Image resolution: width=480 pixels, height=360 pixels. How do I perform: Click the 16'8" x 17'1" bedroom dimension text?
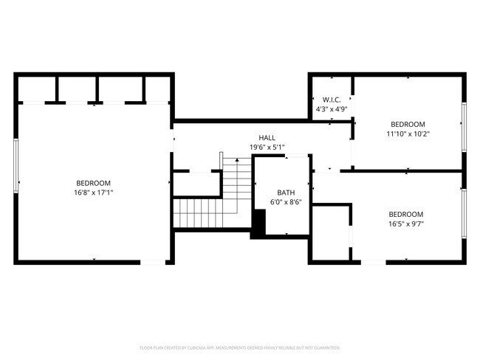[x=94, y=193]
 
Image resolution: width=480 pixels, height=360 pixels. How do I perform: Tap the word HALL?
[x=267, y=138]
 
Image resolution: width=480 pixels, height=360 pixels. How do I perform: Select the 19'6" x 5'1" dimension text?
[x=267, y=148]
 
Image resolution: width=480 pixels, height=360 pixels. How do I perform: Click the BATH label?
[x=286, y=193]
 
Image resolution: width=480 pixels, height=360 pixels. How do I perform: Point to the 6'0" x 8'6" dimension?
[x=286, y=201]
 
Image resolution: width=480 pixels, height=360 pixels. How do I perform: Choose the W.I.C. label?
[x=331, y=100]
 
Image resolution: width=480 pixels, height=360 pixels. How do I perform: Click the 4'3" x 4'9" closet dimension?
[x=331, y=109]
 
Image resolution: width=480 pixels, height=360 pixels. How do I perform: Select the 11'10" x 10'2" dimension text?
[x=408, y=134]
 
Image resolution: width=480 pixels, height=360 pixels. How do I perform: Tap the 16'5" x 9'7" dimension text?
[x=407, y=224]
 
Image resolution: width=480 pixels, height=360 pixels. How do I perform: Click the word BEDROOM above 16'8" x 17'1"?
[x=94, y=183]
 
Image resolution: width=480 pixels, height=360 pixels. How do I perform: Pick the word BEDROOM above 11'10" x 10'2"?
[x=408, y=124]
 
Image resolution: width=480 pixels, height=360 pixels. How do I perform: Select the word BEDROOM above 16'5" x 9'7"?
[x=407, y=214]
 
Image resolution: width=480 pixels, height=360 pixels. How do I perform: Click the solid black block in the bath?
[x=258, y=224]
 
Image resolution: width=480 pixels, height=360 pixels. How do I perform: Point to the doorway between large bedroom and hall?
[x=173, y=141]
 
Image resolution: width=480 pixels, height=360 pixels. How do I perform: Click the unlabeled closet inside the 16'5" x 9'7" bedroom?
[x=331, y=232]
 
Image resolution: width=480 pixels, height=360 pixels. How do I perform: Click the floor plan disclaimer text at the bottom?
[x=240, y=347]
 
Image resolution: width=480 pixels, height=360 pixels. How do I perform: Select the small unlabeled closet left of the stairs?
[x=196, y=184]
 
